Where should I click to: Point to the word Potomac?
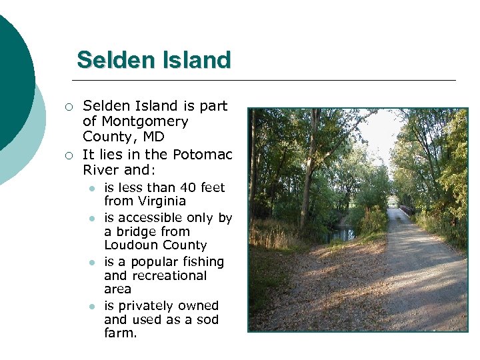203,155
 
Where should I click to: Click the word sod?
208,319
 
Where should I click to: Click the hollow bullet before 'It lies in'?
67,156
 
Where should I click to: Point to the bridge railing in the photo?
407,209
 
